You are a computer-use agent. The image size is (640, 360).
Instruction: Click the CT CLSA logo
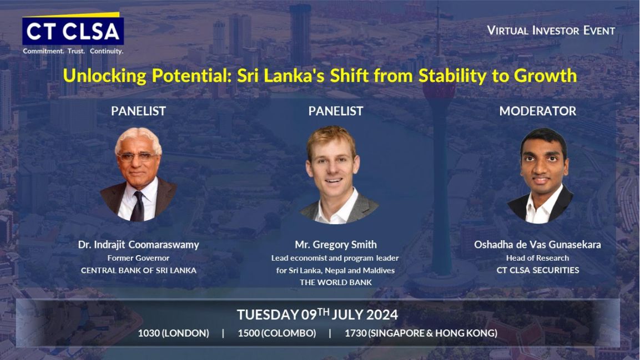coord(73,29)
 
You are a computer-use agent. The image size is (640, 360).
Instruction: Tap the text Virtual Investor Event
coord(551,31)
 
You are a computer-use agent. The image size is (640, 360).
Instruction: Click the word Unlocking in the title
coord(104,76)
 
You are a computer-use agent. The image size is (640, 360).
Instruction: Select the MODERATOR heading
coord(537,111)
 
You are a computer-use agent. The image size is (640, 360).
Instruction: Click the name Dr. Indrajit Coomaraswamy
coord(138,245)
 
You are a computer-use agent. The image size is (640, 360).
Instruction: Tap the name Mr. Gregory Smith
coord(335,245)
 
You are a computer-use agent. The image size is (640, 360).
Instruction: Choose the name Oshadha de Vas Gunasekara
coord(537,245)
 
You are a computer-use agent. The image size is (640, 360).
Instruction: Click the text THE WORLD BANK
coord(335,282)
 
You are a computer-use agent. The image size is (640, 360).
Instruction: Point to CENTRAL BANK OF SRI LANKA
coord(138,270)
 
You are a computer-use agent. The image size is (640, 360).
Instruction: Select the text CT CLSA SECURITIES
coord(537,270)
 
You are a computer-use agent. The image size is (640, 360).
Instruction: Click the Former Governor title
coord(138,258)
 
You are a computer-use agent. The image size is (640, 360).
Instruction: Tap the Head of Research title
coord(537,258)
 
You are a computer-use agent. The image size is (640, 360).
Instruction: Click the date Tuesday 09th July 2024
coord(317,315)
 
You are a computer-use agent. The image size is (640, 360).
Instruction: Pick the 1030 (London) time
coord(174,333)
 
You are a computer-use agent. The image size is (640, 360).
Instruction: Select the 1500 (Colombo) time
coord(277,333)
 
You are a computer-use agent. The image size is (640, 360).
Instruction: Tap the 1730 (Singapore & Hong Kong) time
coord(421,333)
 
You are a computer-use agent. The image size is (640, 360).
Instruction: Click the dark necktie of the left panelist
coord(138,206)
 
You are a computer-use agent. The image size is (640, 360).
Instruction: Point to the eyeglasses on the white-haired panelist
coord(137,156)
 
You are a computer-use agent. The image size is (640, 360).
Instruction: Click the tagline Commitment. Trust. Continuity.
coord(73,51)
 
